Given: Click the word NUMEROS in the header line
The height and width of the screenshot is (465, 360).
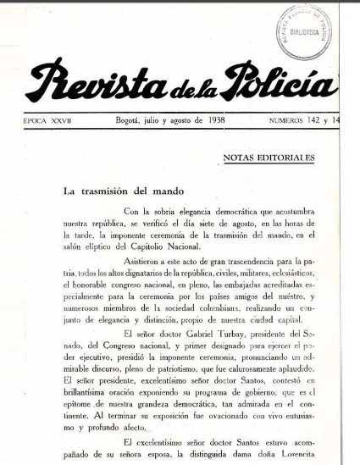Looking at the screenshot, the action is [289, 121].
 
